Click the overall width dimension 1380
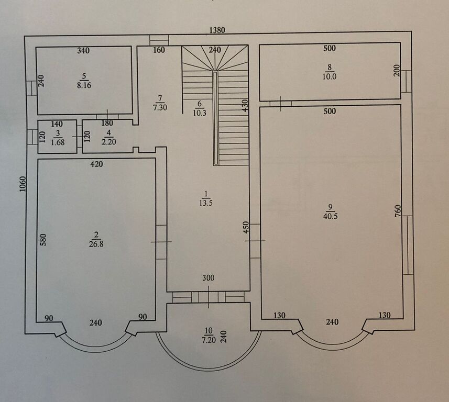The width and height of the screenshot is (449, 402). [217, 30]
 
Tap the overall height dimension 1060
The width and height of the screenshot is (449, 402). [23, 184]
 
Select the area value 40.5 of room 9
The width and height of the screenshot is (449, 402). [331, 216]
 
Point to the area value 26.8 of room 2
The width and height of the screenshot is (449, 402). [96, 244]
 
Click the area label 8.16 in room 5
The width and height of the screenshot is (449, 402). [84, 85]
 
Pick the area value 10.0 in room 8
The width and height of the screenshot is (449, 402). [330, 76]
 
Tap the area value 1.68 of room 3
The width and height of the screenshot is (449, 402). [58, 142]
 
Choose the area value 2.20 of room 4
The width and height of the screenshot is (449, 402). [108, 141]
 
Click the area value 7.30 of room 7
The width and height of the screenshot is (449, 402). [160, 108]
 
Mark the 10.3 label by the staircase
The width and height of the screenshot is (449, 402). [200, 113]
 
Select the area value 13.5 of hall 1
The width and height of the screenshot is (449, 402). [206, 203]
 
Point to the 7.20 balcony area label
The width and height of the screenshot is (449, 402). [209, 340]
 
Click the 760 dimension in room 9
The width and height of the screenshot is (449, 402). [398, 211]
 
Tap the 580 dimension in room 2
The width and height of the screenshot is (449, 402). [42, 240]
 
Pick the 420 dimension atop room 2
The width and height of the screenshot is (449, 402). [96, 164]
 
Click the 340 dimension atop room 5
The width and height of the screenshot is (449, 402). [83, 51]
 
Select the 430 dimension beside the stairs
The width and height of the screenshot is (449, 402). [245, 105]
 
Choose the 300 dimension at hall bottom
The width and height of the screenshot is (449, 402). [208, 277]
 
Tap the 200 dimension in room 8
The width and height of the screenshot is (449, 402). [397, 70]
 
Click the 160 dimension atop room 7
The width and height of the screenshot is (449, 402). [159, 50]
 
